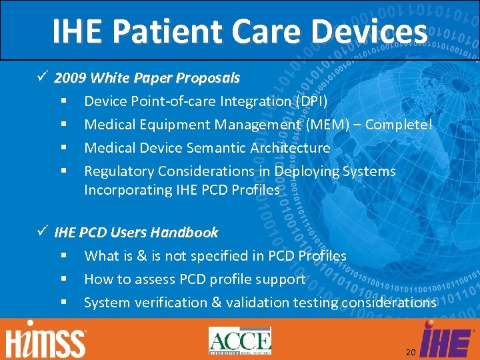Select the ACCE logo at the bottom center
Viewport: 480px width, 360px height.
click(x=240, y=341)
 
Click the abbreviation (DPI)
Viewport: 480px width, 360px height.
click(x=311, y=101)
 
